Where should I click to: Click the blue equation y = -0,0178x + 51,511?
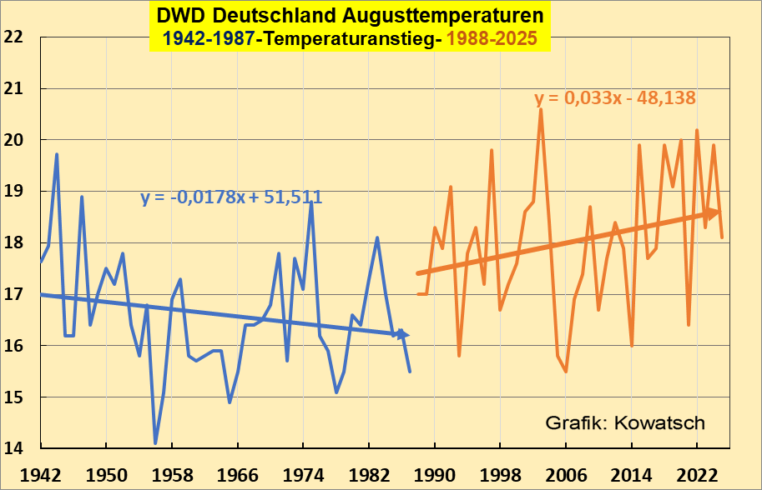click(231, 197)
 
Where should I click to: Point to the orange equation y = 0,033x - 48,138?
click(615, 98)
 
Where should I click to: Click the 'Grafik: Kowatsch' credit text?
click(624, 422)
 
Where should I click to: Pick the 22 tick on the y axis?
click(13, 37)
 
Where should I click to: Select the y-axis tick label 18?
click(13, 243)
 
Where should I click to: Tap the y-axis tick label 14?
click(13, 449)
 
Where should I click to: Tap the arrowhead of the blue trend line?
click(403, 334)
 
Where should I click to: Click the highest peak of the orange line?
click(541, 109)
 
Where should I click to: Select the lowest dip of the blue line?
click(155, 443)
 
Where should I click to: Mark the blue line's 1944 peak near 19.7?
click(57, 154)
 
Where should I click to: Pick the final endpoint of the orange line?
click(722, 237)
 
